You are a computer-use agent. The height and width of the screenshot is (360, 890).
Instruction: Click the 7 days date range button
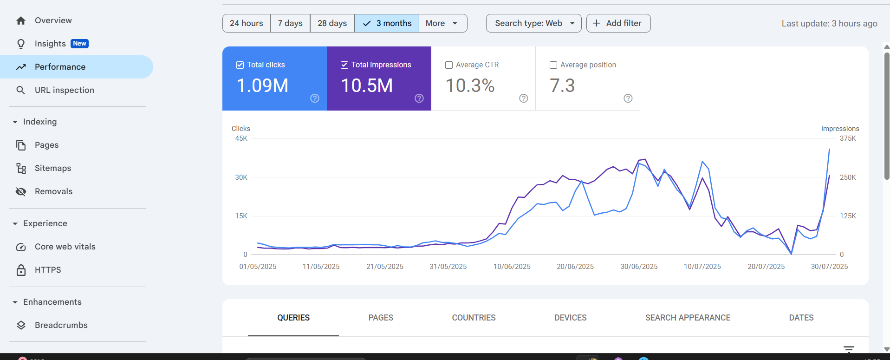[290, 23]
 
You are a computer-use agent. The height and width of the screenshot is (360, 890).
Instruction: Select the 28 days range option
[332, 23]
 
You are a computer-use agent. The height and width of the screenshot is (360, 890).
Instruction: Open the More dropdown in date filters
[442, 23]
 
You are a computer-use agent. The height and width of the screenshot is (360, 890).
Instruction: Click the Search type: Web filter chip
[533, 23]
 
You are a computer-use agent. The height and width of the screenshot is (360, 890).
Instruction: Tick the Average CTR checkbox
[449, 65]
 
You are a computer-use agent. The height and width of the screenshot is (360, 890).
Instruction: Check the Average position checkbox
[553, 65]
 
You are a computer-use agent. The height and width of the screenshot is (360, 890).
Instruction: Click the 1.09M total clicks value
[263, 85]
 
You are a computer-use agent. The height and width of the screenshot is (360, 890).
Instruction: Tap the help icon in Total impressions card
[419, 98]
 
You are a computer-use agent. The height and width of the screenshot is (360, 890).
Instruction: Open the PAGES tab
[381, 318]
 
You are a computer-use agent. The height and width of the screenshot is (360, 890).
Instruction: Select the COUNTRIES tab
[474, 318]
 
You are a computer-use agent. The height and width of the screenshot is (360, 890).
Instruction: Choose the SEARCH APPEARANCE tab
[688, 318]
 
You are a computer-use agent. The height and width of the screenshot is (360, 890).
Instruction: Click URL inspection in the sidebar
[64, 90]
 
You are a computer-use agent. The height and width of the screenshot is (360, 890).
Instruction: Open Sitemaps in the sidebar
[53, 168]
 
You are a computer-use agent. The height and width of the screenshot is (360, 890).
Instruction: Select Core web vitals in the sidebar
[65, 247]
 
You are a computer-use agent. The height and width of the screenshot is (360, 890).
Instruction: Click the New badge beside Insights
[79, 44]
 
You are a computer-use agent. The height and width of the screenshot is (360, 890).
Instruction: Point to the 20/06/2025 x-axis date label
[575, 267]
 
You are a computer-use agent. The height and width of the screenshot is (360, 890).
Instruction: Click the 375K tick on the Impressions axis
[848, 138]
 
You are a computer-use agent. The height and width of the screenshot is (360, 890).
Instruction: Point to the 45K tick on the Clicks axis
[241, 138]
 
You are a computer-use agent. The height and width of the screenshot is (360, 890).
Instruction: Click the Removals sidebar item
[53, 191]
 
